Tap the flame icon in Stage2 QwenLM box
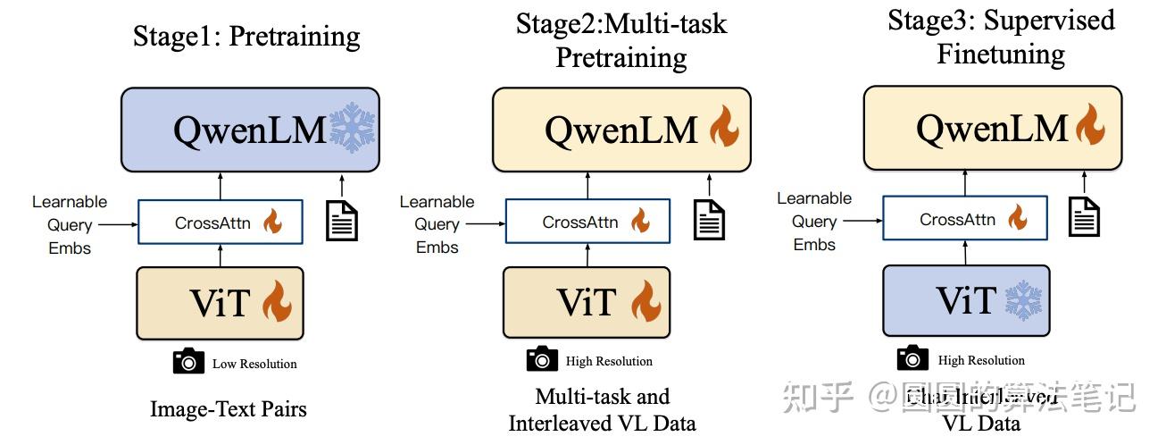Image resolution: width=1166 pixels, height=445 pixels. coord(723,130)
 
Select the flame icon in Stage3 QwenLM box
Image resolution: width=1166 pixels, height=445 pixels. coord(1090,125)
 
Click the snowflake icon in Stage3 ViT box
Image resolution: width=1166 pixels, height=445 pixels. coord(1023,299)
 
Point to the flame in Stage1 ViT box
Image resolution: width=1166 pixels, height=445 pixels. coord(278,303)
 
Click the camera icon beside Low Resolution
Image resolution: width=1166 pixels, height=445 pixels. coord(188,362)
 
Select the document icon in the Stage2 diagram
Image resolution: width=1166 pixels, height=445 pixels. coord(709,218)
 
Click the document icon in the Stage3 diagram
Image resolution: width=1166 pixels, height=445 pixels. coord(1084,215)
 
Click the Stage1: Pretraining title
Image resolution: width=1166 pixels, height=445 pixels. coord(246,36)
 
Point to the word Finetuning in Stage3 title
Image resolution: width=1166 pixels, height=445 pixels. coord(1001,54)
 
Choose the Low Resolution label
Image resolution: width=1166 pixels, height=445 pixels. coord(254,364)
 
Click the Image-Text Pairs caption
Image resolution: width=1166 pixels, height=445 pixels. coord(229,409)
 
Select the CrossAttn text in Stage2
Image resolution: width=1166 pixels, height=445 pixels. coord(580,222)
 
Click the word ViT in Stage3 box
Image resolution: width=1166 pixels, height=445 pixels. coord(966,300)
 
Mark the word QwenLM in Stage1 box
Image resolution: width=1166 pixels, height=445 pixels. coord(250,131)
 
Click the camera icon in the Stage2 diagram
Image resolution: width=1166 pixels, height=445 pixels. coord(542,359)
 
